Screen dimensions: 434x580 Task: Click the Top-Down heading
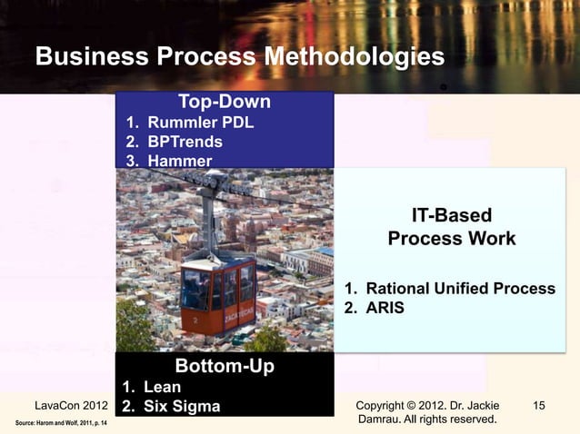[224, 100]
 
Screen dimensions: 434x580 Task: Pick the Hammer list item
[180, 161]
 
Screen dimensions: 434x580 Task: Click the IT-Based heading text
[451, 215]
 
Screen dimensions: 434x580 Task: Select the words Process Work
[451, 239]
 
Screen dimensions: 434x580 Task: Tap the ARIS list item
[385, 308]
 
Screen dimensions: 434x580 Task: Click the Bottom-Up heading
[224, 366]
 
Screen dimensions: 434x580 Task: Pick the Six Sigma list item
[182, 406]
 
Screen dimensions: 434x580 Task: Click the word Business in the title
[92, 57]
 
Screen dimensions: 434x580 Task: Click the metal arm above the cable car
[210, 222]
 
